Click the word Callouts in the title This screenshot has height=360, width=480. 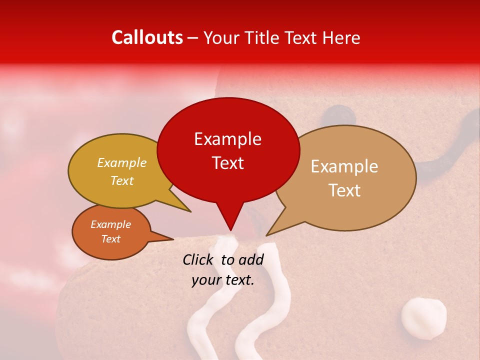pos(147,37)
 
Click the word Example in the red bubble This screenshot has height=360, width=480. pos(227,139)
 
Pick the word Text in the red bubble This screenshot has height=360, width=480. pos(227,163)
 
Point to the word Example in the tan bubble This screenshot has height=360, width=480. pos(344,166)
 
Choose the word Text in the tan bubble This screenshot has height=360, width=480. pos(344,190)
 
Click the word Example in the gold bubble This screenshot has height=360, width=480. pos(122,162)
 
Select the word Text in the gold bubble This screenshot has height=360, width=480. pos(122,180)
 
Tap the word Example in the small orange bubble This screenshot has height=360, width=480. pos(111,224)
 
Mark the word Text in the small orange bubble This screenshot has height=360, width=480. pos(111,239)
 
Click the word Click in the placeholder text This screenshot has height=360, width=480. pos(199,259)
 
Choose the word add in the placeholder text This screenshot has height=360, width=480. pos(251,259)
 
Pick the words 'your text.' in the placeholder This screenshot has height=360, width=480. pos(223,280)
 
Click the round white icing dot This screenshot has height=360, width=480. pos(423,317)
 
